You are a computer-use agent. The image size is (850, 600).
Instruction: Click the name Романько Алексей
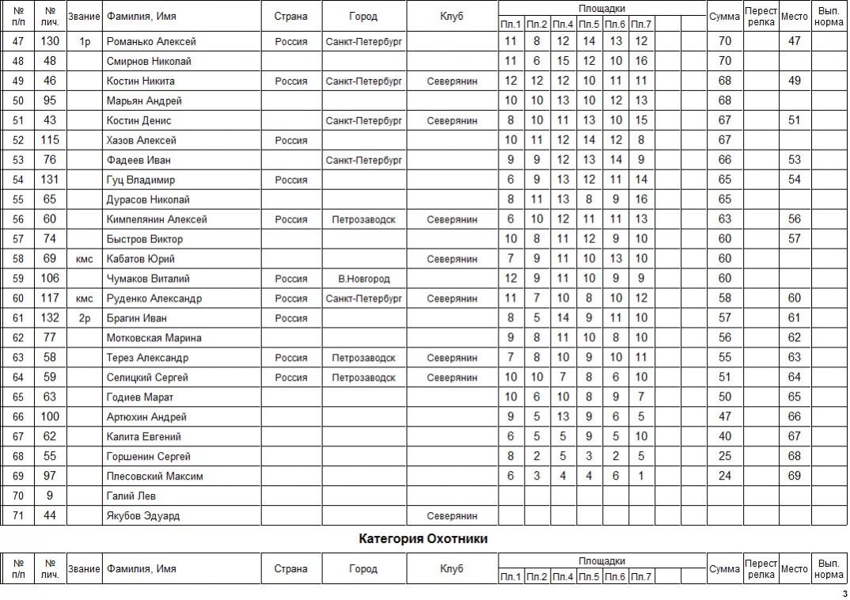click(x=151, y=41)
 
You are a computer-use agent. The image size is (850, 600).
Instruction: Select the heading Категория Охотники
click(x=423, y=539)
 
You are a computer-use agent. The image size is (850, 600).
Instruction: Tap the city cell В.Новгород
click(x=363, y=279)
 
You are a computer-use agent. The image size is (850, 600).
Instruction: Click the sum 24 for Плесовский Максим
click(x=725, y=476)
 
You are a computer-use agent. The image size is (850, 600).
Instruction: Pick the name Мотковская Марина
click(x=154, y=338)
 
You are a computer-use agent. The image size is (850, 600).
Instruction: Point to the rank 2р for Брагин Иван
click(x=85, y=318)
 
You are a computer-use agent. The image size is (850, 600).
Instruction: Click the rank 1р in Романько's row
click(x=85, y=41)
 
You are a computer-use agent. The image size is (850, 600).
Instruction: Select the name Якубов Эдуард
click(x=143, y=516)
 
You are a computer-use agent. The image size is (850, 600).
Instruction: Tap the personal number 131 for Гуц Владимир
click(x=51, y=180)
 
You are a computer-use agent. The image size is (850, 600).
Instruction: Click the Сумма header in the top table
click(x=725, y=16)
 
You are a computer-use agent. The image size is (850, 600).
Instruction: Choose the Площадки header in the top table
click(x=601, y=8)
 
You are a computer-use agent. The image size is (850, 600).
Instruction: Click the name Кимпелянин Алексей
click(x=157, y=219)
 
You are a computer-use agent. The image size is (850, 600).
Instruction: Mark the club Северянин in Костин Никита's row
click(x=452, y=81)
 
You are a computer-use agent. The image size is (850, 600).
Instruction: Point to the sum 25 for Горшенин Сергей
click(x=725, y=456)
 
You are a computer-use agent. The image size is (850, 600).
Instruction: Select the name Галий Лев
click(x=131, y=496)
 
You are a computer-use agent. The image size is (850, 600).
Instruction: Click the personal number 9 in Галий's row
click(x=51, y=496)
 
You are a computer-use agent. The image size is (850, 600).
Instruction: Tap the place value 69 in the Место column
click(x=795, y=476)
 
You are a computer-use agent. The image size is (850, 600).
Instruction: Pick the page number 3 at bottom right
click(x=844, y=594)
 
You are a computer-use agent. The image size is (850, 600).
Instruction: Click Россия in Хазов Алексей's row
click(x=291, y=140)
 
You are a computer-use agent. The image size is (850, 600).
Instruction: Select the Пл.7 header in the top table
click(x=641, y=25)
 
